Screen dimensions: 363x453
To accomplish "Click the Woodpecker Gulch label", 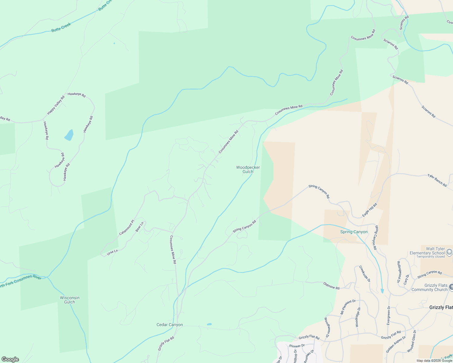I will point(248,169).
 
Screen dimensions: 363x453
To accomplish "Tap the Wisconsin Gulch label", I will point(70,300).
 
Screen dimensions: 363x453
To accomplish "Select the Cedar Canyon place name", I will point(170,325).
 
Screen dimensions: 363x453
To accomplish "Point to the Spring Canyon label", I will point(354,232).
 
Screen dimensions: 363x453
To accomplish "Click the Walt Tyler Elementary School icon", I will point(449,252).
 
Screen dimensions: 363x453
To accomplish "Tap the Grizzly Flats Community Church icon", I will point(451,287).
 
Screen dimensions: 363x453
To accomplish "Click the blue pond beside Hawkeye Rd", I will point(69,135).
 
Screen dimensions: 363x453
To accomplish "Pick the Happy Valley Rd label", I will point(56,105).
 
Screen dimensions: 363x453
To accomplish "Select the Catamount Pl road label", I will point(127,227).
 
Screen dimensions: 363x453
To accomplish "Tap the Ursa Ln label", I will point(112,252).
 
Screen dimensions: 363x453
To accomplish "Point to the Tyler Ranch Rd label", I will point(437,180).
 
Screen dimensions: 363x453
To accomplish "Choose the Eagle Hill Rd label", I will point(369,210).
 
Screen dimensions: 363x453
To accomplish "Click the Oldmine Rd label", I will point(331,286).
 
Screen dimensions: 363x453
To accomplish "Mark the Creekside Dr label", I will point(365,274).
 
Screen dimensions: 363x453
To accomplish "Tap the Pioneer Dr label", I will point(297,345).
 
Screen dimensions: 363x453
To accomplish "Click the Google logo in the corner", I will point(10,359).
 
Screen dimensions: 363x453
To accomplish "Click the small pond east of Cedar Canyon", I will point(209,324).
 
